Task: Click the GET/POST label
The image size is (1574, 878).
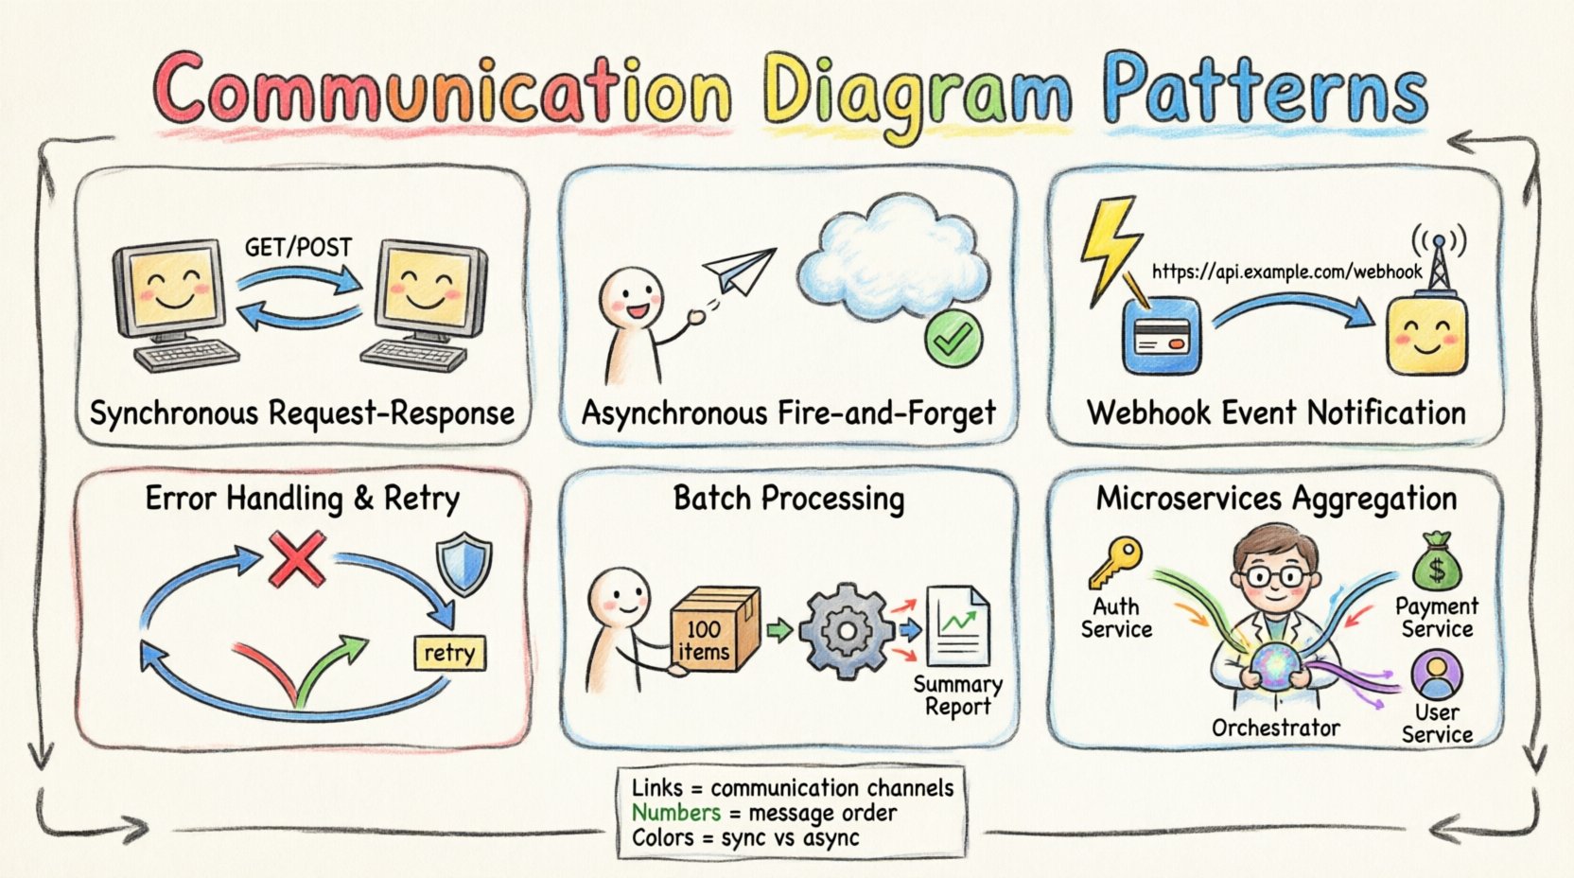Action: [298, 248]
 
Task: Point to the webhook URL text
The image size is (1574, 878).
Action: [1286, 272]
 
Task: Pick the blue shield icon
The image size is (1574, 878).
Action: [463, 564]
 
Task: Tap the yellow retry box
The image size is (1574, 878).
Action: [449, 653]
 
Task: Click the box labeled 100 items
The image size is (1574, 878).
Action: [713, 631]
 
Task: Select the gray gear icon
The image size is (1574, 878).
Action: [846, 629]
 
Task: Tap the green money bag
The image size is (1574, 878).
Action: [1437, 563]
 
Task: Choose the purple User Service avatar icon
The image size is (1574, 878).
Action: [1437, 673]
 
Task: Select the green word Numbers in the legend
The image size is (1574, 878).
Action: [675, 813]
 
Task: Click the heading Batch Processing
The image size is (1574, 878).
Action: [788, 499]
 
